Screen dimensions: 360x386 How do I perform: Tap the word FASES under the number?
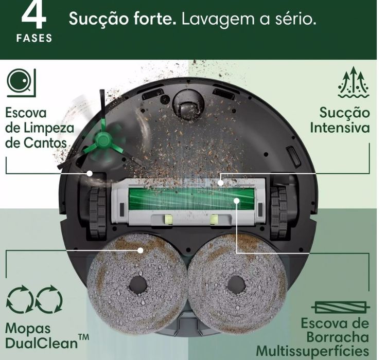pyautogui.click(x=34, y=39)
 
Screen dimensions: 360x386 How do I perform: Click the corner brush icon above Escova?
pyautogui.click(x=20, y=83)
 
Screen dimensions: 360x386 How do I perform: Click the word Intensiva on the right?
pyautogui.click(x=340, y=127)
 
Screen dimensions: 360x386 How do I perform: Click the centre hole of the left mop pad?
pyautogui.click(x=138, y=285)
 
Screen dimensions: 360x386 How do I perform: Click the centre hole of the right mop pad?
pyautogui.click(x=236, y=285)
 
